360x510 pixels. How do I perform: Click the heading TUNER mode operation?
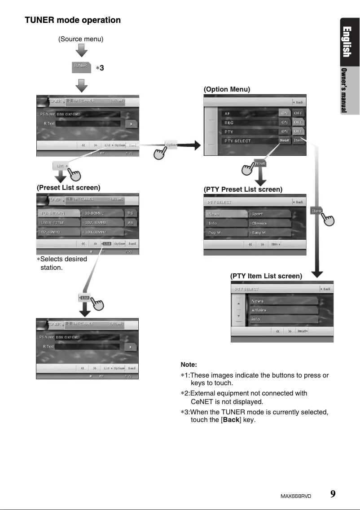coord(72,20)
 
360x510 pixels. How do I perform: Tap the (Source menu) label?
coord(81,39)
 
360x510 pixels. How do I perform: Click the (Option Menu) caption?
coord(227,89)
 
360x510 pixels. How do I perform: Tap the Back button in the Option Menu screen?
coord(299,102)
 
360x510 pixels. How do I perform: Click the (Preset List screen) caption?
coord(68,187)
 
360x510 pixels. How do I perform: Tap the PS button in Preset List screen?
coord(131,213)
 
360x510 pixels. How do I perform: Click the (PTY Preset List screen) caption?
coord(243,189)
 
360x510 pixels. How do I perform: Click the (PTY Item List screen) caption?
coord(266,276)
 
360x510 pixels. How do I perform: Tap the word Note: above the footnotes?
coord(189,365)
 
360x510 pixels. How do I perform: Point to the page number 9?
coord(333,494)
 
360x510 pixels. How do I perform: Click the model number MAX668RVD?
coord(296,496)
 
